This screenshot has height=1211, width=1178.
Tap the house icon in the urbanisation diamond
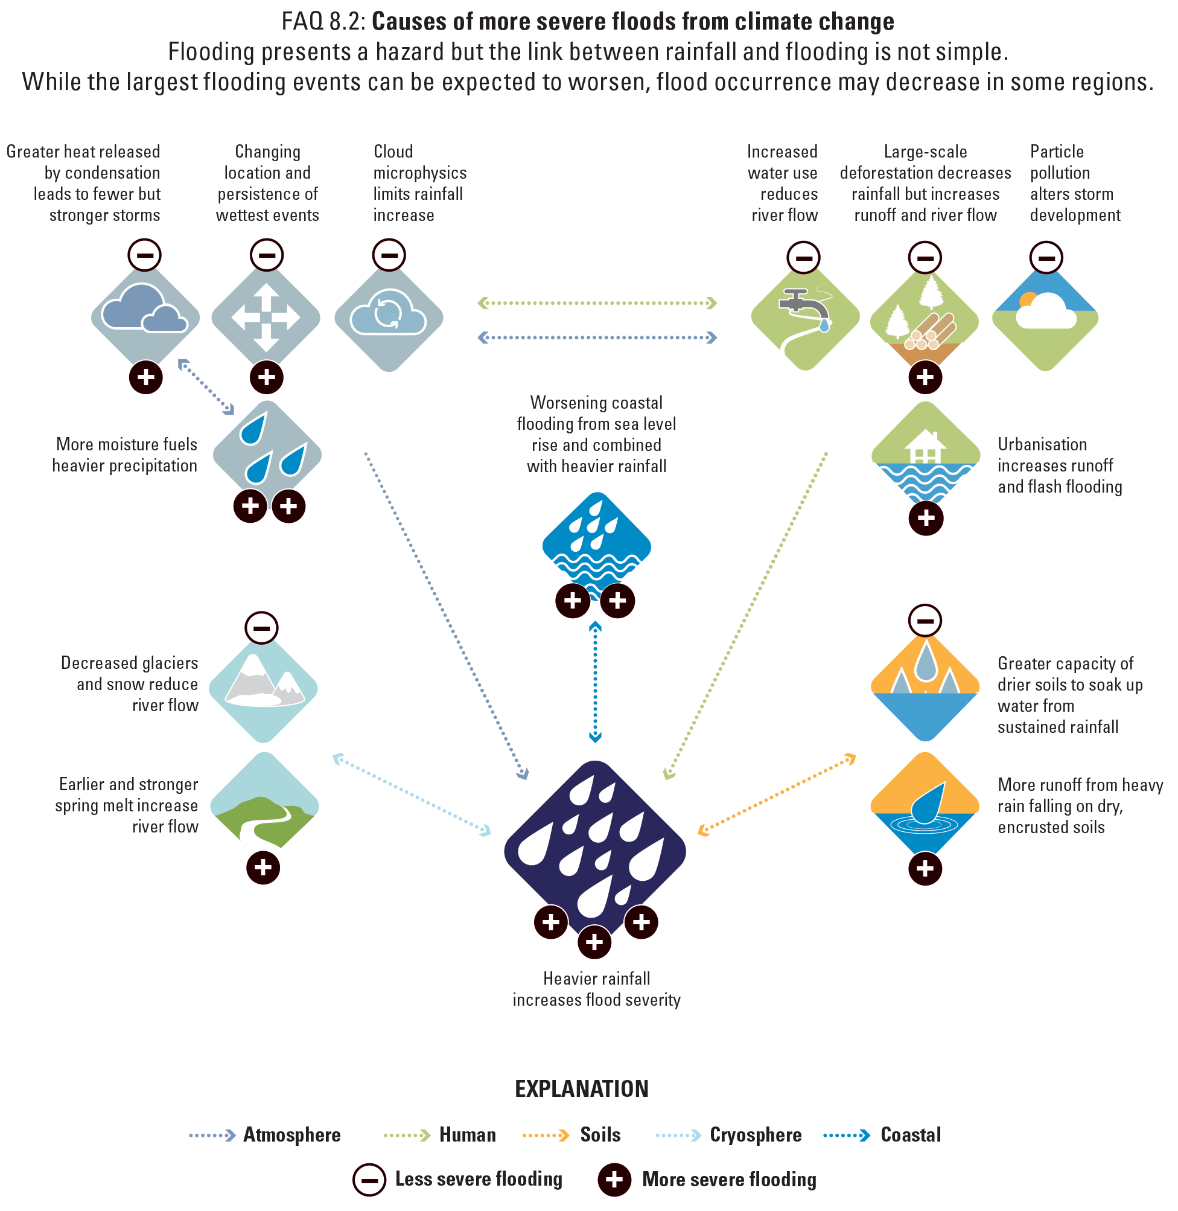[x=925, y=445]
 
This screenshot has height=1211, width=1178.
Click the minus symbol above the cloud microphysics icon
[x=389, y=254]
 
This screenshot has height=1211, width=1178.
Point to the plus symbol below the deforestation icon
[x=925, y=377]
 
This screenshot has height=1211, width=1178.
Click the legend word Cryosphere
[x=756, y=1135]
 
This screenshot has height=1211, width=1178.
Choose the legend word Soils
[x=600, y=1135]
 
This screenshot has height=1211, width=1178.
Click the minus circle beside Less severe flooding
[x=369, y=1180]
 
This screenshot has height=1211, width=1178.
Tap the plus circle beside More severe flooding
[x=614, y=1180]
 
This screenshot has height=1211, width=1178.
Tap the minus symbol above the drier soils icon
[x=925, y=620]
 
